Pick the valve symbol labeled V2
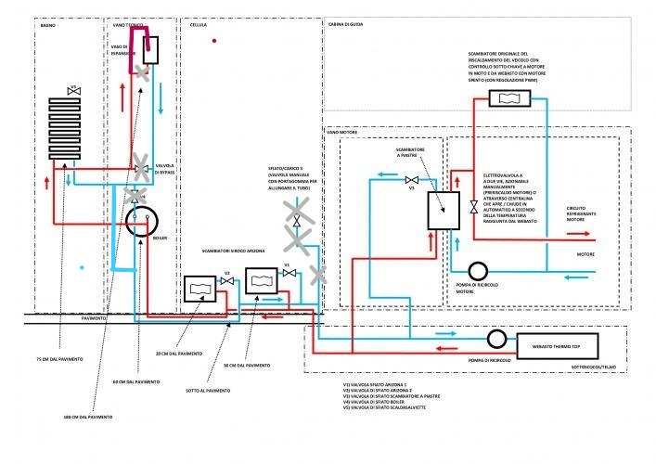coord(225,282)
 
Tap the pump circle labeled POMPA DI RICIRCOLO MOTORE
coord(478,271)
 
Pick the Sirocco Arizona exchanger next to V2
coord(199,290)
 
